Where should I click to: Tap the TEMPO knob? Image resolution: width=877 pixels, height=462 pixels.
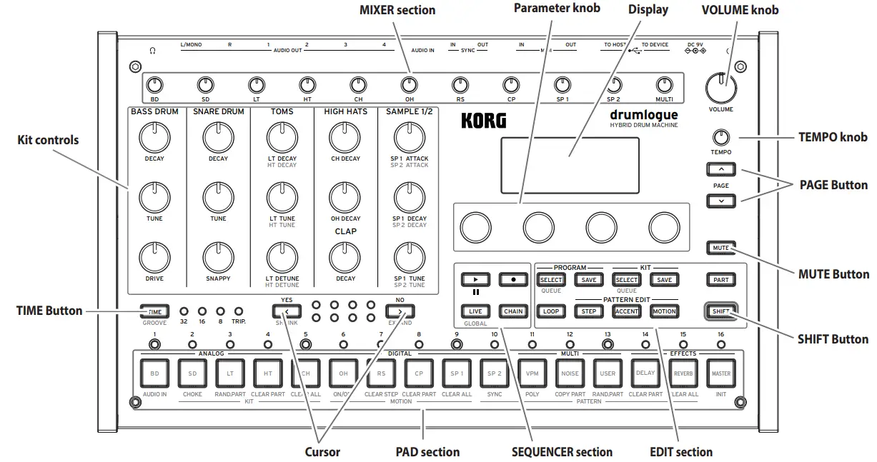720,138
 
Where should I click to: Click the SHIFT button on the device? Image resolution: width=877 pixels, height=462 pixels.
720,311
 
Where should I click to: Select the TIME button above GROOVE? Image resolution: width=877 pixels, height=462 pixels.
154,311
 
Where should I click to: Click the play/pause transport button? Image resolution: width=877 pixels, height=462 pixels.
475,279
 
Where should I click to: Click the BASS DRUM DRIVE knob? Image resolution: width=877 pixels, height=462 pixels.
154,255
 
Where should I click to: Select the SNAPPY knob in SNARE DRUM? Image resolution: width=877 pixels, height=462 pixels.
218,255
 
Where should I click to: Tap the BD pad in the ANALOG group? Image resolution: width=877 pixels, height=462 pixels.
154,373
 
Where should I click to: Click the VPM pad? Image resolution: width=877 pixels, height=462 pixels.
532,373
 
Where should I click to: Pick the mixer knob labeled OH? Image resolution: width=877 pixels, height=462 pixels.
409,85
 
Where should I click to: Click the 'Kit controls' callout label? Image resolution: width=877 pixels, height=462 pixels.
48,140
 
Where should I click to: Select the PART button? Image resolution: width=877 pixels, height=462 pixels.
720,279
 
